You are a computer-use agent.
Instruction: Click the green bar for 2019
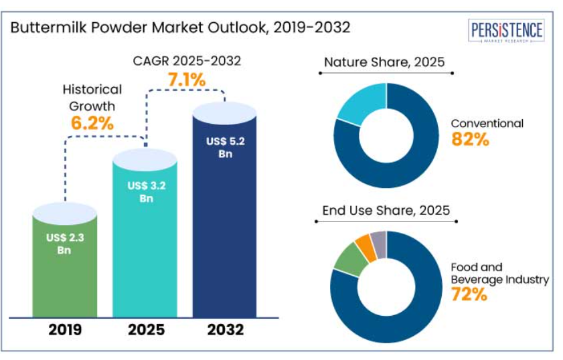pyautogui.click(x=64, y=268)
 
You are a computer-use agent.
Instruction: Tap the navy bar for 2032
pyautogui.click(x=225, y=228)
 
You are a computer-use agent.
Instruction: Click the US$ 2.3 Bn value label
pyautogui.click(x=64, y=243)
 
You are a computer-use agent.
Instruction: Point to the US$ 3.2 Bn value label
pyautogui.click(x=144, y=191)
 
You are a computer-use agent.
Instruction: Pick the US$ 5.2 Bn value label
pyautogui.click(x=225, y=147)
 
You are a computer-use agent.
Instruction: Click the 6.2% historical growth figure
pyautogui.click(x=92, y=122)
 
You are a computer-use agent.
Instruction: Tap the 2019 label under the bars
pyautogui.click(x=64, y=329)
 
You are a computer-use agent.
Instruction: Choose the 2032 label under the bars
pyautogui.click(x=225, y=329)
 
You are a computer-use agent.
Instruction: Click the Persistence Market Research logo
pyautogui.click(x=507, y=31)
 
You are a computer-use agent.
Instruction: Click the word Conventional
pyautogui.click(x=487, y=124)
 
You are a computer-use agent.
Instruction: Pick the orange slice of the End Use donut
pyautogui.click(x=365, y=246)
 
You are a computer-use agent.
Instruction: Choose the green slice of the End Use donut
pyautogui.click(x=349, y=260)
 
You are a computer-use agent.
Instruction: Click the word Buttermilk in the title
pyautogui.click(x=44, y=27)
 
